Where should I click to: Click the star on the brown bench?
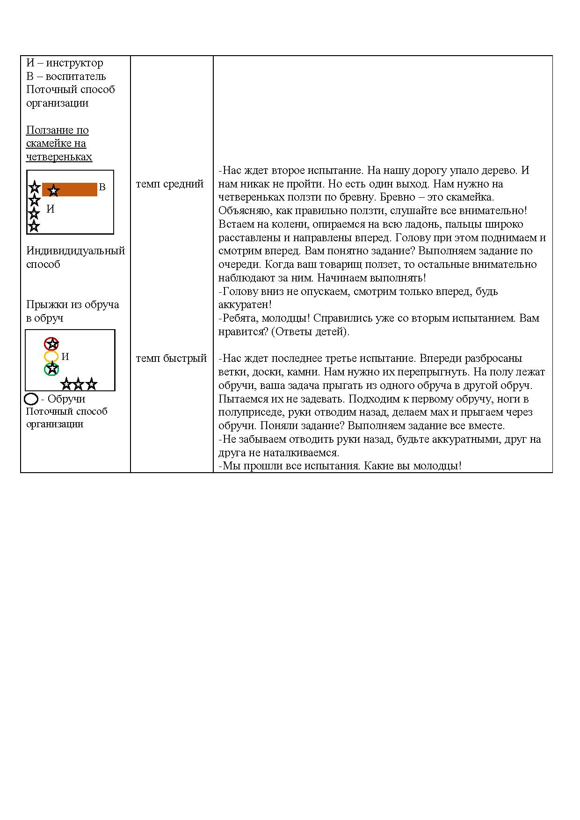tap(54, 190)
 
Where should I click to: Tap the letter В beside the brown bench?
tap(102, 187)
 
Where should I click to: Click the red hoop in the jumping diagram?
tap(51, 344)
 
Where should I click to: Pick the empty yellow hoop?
tap(51, 357)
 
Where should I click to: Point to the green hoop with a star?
tap(51, 369)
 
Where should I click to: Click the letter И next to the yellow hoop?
tap(65, 357)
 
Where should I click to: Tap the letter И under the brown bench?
tap(51, 209)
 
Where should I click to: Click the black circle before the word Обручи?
tap(31, 399)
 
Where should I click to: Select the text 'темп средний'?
tap(170, 184)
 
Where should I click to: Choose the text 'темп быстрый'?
tap(171, 358)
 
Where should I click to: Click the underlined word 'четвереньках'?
tap(59, 157)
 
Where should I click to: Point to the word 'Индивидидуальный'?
tap(75, 251)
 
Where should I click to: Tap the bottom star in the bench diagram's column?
tap(34, 227)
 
